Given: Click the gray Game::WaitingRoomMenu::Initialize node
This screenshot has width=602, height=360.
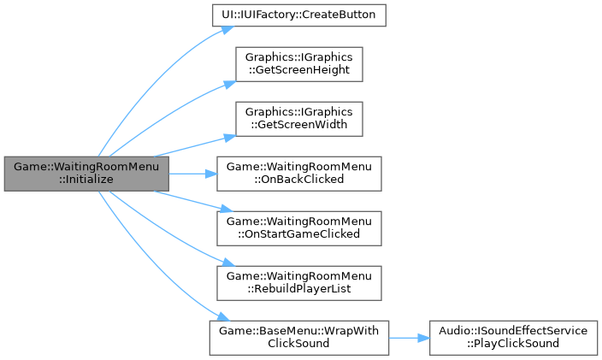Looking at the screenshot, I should pos(86,174).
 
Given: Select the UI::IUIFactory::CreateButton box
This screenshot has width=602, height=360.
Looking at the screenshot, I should pos(299,15).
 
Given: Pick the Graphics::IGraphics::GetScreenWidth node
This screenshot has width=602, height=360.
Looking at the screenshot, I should pos(299,119).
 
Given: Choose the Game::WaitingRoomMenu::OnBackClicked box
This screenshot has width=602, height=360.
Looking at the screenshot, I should pos(299,174).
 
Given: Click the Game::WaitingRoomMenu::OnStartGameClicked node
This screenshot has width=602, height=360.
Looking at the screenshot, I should pos(299,227).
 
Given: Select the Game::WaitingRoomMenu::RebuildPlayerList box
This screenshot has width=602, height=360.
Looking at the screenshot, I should pos(299,282).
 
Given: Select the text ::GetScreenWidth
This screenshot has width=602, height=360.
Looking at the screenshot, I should pos(299,125).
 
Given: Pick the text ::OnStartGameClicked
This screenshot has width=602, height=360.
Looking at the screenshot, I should pos(299,233).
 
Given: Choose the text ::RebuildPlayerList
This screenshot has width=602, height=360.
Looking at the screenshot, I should pos(299,288).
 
